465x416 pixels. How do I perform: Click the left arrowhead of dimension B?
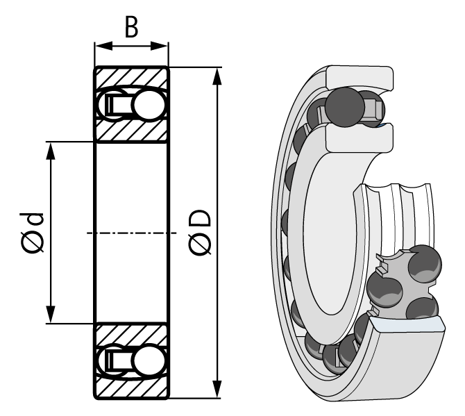[x=100, y=47]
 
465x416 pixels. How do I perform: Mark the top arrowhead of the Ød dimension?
[x=51, y=150]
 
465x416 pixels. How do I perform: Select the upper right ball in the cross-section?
[x=149, y=105]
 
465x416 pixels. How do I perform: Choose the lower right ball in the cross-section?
[x=149, y=361]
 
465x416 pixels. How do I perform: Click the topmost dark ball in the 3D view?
[x=344, y=106]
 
